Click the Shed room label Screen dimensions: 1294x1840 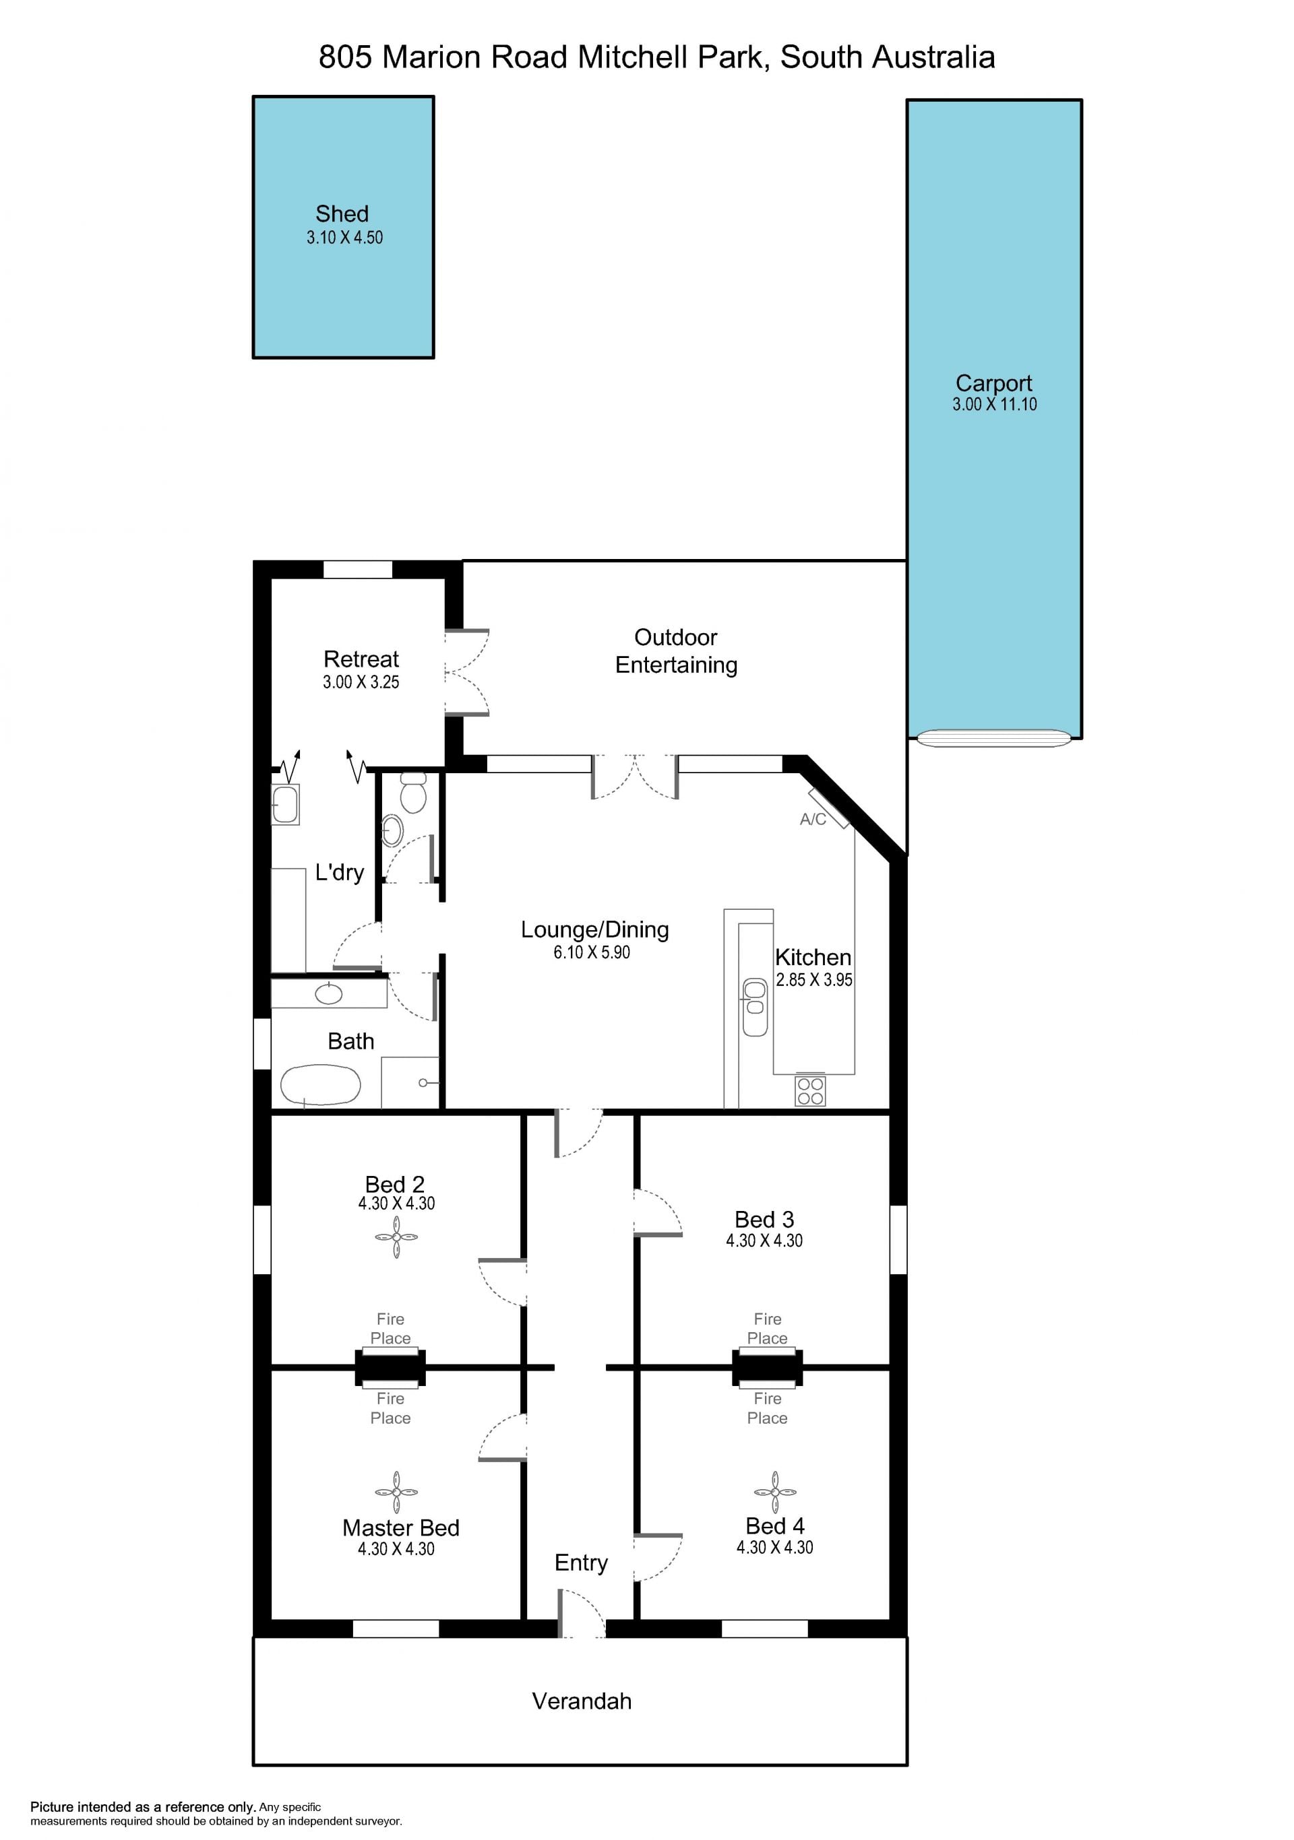[342, 214]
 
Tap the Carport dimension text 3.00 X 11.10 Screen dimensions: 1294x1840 [994, 405]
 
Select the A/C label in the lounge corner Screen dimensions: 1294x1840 [813, 819]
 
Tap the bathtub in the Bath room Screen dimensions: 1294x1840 [320, 1085]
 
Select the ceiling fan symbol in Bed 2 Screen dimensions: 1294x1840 [396, 1237]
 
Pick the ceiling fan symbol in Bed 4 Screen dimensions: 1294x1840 [775, 1492]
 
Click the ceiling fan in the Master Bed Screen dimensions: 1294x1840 [396, 1492]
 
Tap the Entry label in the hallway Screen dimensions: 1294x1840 [581, 1563]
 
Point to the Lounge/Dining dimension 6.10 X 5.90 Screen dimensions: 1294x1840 [592, 953]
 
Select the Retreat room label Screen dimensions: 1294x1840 [361, 659]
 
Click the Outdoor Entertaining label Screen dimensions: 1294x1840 [676, 651]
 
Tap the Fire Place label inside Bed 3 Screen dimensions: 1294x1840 [767, 1329]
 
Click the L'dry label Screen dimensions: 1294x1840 [339, 872]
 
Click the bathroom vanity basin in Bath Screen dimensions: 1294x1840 [329, 993]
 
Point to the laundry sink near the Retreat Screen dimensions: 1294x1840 [285, 803]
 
